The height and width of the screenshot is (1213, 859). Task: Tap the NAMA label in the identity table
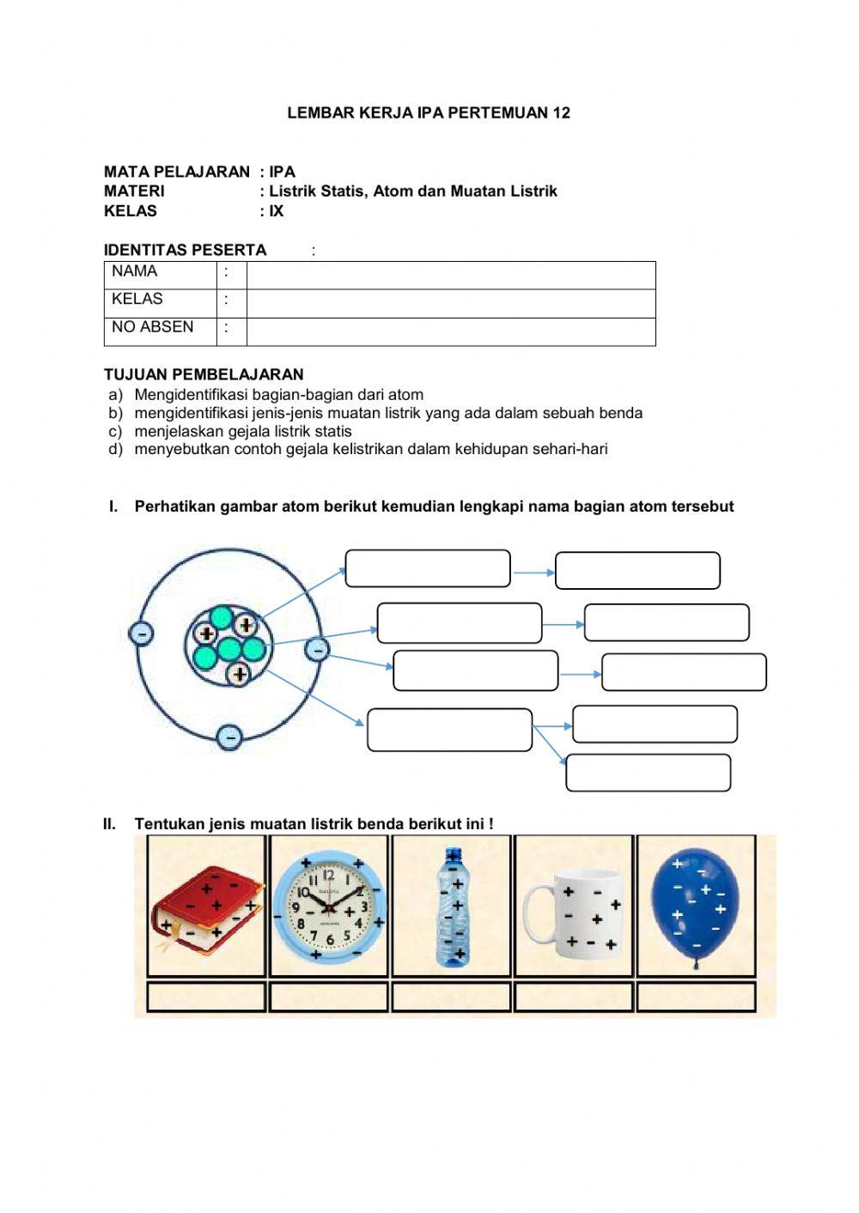coord(135,272)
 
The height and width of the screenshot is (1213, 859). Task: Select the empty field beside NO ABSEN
coord(450,331)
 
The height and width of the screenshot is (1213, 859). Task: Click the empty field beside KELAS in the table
coord(450,303)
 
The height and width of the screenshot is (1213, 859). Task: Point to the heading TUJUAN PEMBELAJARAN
coord(204,374)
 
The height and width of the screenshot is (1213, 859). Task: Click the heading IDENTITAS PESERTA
coord(185,250)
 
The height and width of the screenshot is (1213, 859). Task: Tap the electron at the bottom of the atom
coord(228,737)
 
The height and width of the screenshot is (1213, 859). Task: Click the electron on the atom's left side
coord(141,634)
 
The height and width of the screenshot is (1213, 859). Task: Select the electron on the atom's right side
coord(317,650)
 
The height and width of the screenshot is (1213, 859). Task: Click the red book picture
coord(206,908)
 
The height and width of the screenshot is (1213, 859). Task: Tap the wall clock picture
coord(328,906)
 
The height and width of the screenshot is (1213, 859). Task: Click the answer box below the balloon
coord(696,998)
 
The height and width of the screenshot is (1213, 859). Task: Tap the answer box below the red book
coord(206,998)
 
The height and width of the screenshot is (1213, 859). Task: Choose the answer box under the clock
coord(328,998)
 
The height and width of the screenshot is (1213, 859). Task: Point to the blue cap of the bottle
coord(453,855)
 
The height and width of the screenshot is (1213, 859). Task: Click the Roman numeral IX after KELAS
coord(276,211)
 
